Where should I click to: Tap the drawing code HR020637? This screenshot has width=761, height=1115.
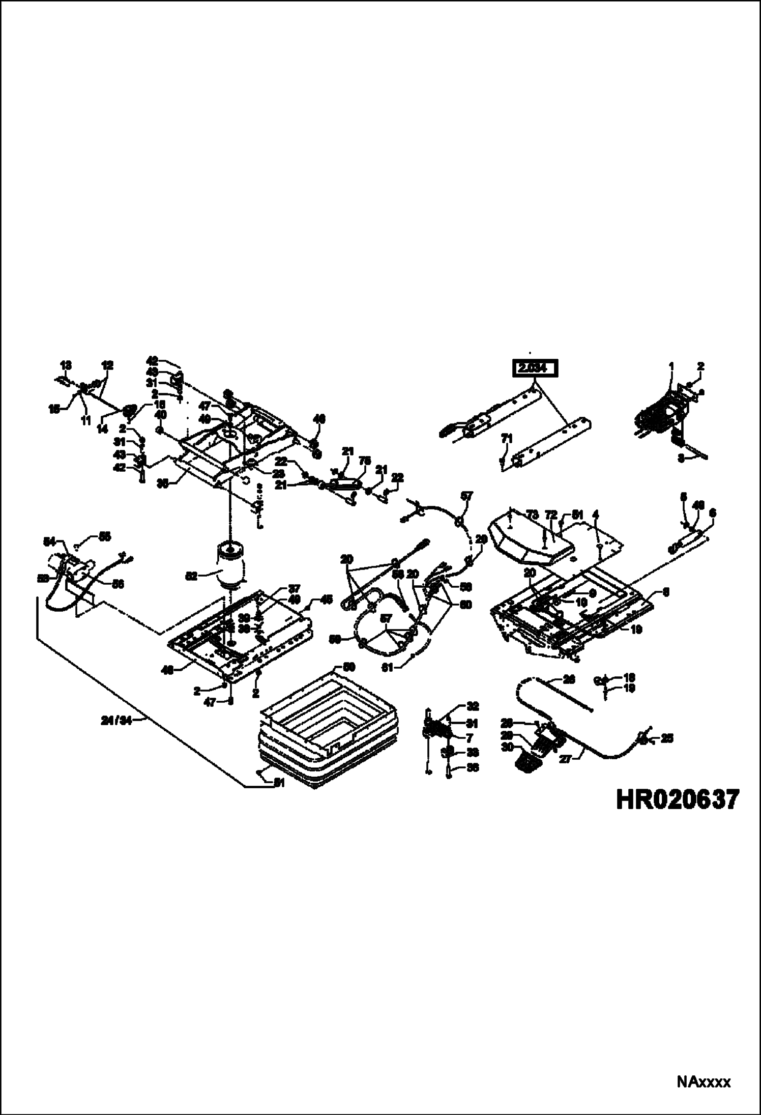point(676,799)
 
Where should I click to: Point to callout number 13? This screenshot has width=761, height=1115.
point(66,365)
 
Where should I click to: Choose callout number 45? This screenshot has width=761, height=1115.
point(327,599)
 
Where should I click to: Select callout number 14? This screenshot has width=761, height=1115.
point(103,430)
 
